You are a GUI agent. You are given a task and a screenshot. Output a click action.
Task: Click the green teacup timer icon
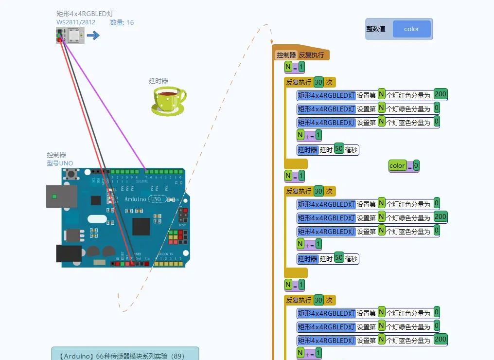pyautogui.click(x=168, y=101)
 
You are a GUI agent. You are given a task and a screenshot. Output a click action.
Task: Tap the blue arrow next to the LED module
pyautogui.click(x=93, y=35)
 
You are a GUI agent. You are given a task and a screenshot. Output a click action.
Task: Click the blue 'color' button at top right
pyautogui.click(x=411, y=29)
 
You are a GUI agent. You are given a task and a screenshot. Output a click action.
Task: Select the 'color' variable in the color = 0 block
pyautogui.click(x=397, y=166)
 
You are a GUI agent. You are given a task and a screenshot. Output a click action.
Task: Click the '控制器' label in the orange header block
pyautogui.click(x=286, y=55)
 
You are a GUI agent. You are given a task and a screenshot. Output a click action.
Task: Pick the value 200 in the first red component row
pyautogui.click(x=441, y=94)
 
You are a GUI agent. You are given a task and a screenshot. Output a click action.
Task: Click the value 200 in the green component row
pyautogui.click(x=441, y=217)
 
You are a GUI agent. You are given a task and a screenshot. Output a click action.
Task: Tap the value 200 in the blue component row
pyautogui.click(x=441, y=340)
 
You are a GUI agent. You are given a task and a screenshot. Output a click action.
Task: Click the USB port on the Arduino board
pyautogui.click(x=61, y=196)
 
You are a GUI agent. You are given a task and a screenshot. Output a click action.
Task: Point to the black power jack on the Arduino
pyautogui.click(x=69, y=253)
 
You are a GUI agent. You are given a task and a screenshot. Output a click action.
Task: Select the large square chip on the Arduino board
pyautogui.click(x=141, y=226)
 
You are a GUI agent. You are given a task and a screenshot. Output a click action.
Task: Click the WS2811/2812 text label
pyautogui.click(x=76, y=22)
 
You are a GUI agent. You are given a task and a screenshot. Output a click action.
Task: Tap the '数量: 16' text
pyautogui.click(x=122, y=22)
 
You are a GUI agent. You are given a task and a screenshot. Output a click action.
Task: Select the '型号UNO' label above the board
pyautogui.click(x=60, y=163)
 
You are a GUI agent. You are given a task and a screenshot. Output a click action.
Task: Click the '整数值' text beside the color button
pyautogui.click(x=376, y=29)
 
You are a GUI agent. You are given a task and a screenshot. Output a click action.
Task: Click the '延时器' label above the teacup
pyautogui.click(x=159, y=81)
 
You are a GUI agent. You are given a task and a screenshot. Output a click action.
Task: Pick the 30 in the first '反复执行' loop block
pyautogui.click(x=318, y=82)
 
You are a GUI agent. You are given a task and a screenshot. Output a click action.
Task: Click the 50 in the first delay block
pyautogui.click(x=339, y=149)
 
